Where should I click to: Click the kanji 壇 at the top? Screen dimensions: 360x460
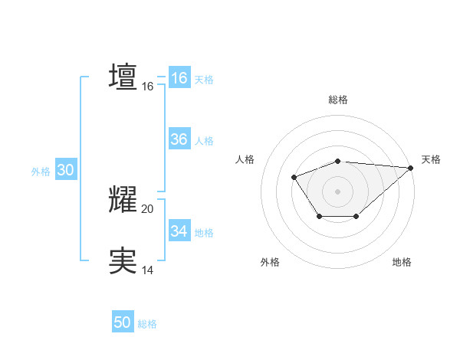(123, 77)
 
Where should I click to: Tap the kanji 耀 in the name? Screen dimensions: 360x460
(123, 200)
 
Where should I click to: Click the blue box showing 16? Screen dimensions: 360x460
(179, 78)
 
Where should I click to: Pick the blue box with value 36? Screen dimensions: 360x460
(179, 139)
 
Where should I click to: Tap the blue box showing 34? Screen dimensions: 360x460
(179, 231)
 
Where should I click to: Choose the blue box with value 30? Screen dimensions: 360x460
(65, 170)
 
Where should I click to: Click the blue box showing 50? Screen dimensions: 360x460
(123, 322)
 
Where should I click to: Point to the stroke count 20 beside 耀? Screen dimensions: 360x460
(147, 208)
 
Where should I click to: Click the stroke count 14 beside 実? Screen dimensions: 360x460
(147, 270)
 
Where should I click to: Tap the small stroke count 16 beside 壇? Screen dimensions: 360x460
(147, 87)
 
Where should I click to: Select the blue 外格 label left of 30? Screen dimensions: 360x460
(41, 172)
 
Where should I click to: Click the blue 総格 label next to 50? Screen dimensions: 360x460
(147, 324)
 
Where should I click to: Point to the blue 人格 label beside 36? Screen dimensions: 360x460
(204, 141)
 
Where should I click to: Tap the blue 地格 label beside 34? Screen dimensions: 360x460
(204, 233)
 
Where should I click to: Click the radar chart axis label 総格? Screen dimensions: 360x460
(337, 100)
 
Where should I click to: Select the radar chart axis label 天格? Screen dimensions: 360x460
(431, 159)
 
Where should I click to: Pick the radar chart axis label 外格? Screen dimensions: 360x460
(270, 263)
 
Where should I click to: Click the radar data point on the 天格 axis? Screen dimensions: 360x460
(412, 167)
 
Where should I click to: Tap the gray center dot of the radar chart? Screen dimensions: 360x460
(337, 191)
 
